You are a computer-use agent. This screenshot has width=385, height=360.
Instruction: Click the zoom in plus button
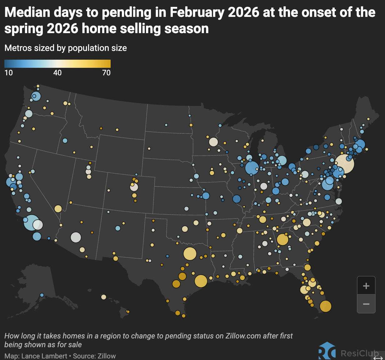[x=366, y=286]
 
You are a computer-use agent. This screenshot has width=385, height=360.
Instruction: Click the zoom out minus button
[x=366, y=304]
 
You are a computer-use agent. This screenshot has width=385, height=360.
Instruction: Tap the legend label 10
[x=8, y=73]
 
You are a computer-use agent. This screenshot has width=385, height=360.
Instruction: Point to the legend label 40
[x=57, y=73]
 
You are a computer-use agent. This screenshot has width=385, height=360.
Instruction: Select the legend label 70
[x=106, y=73]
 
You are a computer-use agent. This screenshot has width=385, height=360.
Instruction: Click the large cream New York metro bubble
[x=345, y=164]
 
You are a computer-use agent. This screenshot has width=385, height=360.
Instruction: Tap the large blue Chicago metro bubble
[x=252, y=168]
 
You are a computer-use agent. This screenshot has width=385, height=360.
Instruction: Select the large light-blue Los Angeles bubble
[x=31, y=222]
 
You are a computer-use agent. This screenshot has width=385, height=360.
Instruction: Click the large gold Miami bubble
[x=325, y=306]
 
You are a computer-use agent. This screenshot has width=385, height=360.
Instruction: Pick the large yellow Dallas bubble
[x=190, y=254]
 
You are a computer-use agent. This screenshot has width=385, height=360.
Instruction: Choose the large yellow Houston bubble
[x=201, y=281]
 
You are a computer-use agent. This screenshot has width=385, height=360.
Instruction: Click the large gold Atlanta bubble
[x=282, y=239]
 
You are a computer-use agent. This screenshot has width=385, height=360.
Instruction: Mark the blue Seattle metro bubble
[x=36, y=96]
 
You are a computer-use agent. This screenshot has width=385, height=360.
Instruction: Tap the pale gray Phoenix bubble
[x=76, y=237]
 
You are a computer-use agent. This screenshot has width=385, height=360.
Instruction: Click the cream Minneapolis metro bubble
[x=213, y=142]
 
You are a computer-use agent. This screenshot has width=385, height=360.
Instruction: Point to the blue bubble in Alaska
[x=42, y=295]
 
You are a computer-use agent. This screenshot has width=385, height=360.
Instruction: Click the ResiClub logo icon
[x=327, y=351]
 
